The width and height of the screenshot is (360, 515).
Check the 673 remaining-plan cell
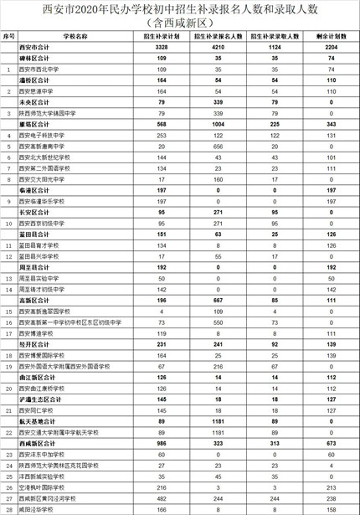click(331, 440)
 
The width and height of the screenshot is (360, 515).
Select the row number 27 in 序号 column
click(8, 496)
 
